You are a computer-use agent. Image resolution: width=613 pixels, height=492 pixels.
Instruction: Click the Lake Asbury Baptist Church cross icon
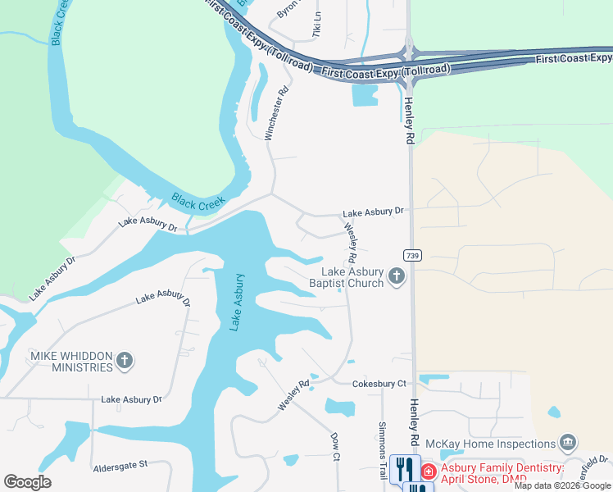tap(397, 276)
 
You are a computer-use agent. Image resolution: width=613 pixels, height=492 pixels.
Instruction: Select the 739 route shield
tap(412, 255)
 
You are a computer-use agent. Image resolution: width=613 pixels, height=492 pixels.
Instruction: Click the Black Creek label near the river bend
tap(198, 201)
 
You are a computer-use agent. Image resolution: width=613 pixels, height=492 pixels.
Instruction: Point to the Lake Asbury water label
tap(236, 303)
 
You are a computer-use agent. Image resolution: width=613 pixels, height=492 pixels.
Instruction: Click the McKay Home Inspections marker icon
tap(567, 444)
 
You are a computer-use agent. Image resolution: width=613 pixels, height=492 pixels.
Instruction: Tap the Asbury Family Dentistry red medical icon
tap(428, 471)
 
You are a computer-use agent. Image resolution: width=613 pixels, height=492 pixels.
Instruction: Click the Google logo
tap(27, 482)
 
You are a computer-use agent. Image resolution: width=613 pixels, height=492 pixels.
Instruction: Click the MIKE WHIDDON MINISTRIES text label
tap(70, 362)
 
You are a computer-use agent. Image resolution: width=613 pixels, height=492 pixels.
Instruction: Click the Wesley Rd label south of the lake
tap(293, 395)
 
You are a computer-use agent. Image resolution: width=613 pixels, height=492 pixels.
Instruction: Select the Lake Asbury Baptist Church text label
tap(352, 278)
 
